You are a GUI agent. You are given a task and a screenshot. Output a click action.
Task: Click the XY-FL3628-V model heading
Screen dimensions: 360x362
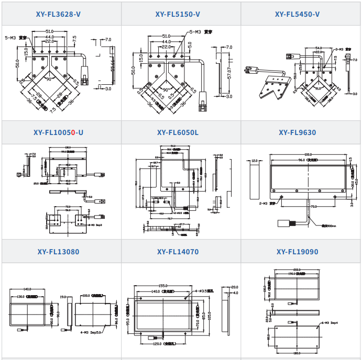point(61,14)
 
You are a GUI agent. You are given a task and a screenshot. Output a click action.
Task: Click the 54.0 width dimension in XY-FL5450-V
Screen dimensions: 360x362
point(319,48)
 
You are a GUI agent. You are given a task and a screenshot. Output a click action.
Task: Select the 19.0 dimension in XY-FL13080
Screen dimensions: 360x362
point(63,296)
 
